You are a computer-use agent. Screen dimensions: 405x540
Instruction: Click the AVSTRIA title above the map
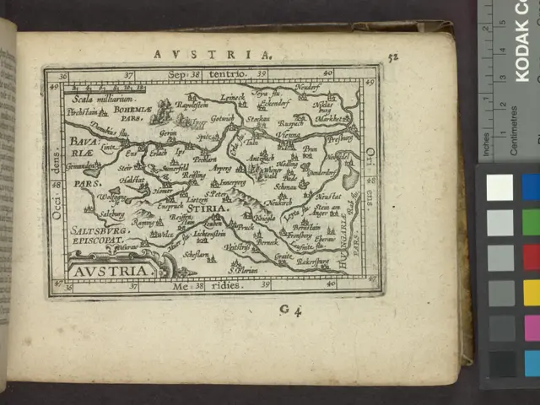213,55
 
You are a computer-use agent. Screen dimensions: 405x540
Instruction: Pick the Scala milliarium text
96,99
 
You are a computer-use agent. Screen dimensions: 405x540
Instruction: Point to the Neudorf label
306,87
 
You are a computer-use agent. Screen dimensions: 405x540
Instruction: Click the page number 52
391,57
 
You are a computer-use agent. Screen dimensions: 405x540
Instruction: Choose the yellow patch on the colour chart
531,292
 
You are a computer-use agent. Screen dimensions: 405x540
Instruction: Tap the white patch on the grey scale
499,187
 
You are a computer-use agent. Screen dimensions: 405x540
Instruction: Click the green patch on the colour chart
531,222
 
